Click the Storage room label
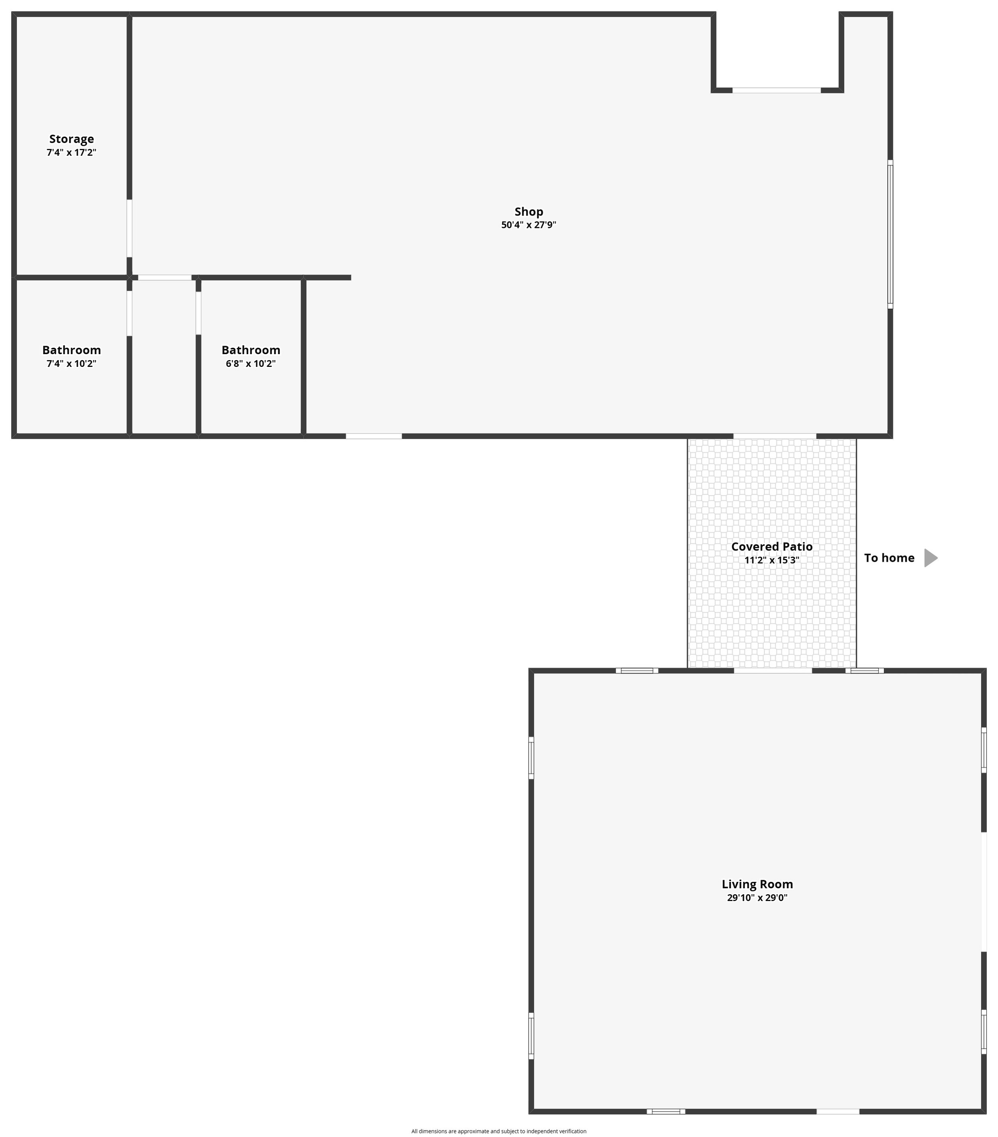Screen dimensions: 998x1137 coord(71,139)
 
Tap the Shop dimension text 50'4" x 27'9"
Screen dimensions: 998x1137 coord(529,225)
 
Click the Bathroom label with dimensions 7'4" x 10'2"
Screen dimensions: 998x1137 coord(71,350)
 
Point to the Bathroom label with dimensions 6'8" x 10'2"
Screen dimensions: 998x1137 coord(251,350)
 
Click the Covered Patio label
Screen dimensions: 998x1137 coord(772,546)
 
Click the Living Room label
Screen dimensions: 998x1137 coord(757,884)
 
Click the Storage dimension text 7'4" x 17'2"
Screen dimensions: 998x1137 coord(71,153)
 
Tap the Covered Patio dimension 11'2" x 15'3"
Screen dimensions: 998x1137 coord(772,560)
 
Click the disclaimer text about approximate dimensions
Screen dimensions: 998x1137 coord(499,1131)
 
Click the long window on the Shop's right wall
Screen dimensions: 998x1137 coord(890,234)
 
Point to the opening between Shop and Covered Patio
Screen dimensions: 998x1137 coord(774,436)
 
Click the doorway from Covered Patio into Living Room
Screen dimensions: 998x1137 coord(773,671)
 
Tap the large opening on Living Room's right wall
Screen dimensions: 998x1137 coord(984,892)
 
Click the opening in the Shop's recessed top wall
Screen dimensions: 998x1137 coord(776,90)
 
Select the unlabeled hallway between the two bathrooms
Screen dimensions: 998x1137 coord(164,357)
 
